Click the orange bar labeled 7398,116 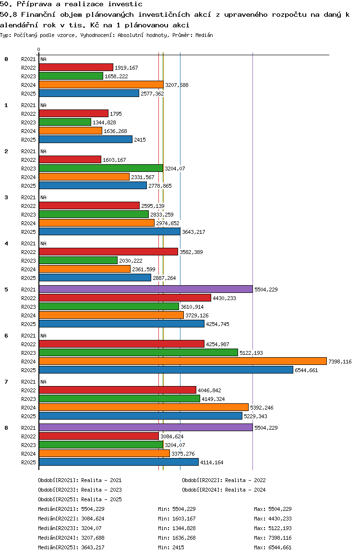[183, 362]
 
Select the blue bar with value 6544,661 [166, 370]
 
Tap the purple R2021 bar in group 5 [146, 289]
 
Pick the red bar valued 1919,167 [76, 67]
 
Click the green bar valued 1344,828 [65, 122]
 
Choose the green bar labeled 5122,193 [139, 352]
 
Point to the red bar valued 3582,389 [108, 252]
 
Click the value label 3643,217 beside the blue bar [193, 232]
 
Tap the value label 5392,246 [262, 408]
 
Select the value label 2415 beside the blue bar [140, 140]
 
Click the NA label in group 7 [43, 382]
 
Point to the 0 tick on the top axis [38, 49]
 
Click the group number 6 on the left [6, 336]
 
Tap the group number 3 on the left [6, 197]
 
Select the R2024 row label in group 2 [28, 177]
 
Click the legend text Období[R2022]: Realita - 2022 [224, 480]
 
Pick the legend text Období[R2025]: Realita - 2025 [80, 499]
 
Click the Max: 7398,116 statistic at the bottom [273, 538]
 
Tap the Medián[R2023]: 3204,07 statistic [70, 528]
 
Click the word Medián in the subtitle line [204, 35]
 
